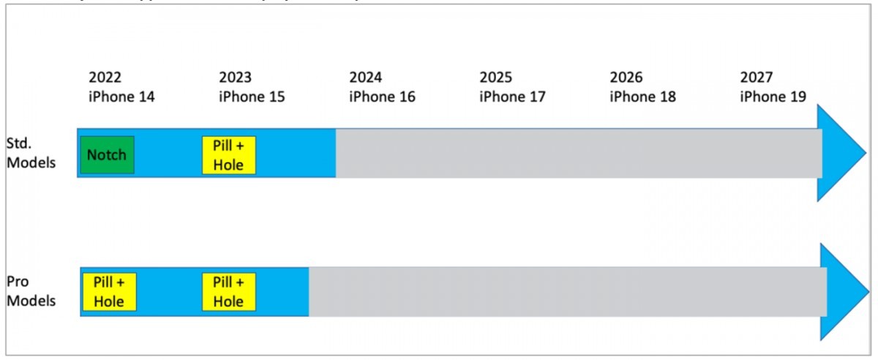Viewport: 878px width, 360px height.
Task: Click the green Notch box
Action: pyautogui.click(x=107, y=154)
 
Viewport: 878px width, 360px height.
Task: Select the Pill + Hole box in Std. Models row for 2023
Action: pyautogui.click(x=229, y=154)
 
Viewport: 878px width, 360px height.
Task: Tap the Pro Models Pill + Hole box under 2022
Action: pyautogui.click(x=109, y=291)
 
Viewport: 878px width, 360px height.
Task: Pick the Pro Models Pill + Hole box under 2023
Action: pyautogui.click(x=229, y=291)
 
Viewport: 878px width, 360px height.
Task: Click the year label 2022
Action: pyautogui.click(x=105, y=78)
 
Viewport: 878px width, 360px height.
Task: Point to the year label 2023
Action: pyautogui.click(x=235, y=78)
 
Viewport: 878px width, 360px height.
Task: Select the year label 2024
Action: pyautogui.click(x=366, y=78)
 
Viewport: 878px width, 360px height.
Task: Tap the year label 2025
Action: pyautogui.click(x=496, y=78)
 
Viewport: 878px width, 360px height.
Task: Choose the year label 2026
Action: pyautogui.click(x=626, y=78)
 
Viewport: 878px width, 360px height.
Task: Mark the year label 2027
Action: pyautogui.click(x=757, y=78)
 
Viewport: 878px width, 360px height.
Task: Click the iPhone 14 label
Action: pyautogui.click(x=121, y=97)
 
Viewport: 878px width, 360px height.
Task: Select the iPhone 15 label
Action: pyautogui.click(x=252, y=97)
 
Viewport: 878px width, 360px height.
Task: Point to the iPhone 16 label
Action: pyautogui.click(x=382, y=97)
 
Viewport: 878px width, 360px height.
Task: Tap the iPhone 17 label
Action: pyautogui.click(x=512, y=97)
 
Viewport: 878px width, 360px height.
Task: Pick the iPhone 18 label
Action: pyautogui.click(x=642, y=97)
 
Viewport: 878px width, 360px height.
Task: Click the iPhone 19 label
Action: pyautogui.click(x=773, y=97)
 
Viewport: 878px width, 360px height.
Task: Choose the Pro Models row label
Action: pyautogui.click(x=31, y=291)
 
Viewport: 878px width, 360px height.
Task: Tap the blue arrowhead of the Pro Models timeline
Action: pyautogui.click(x=841, y=290)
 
